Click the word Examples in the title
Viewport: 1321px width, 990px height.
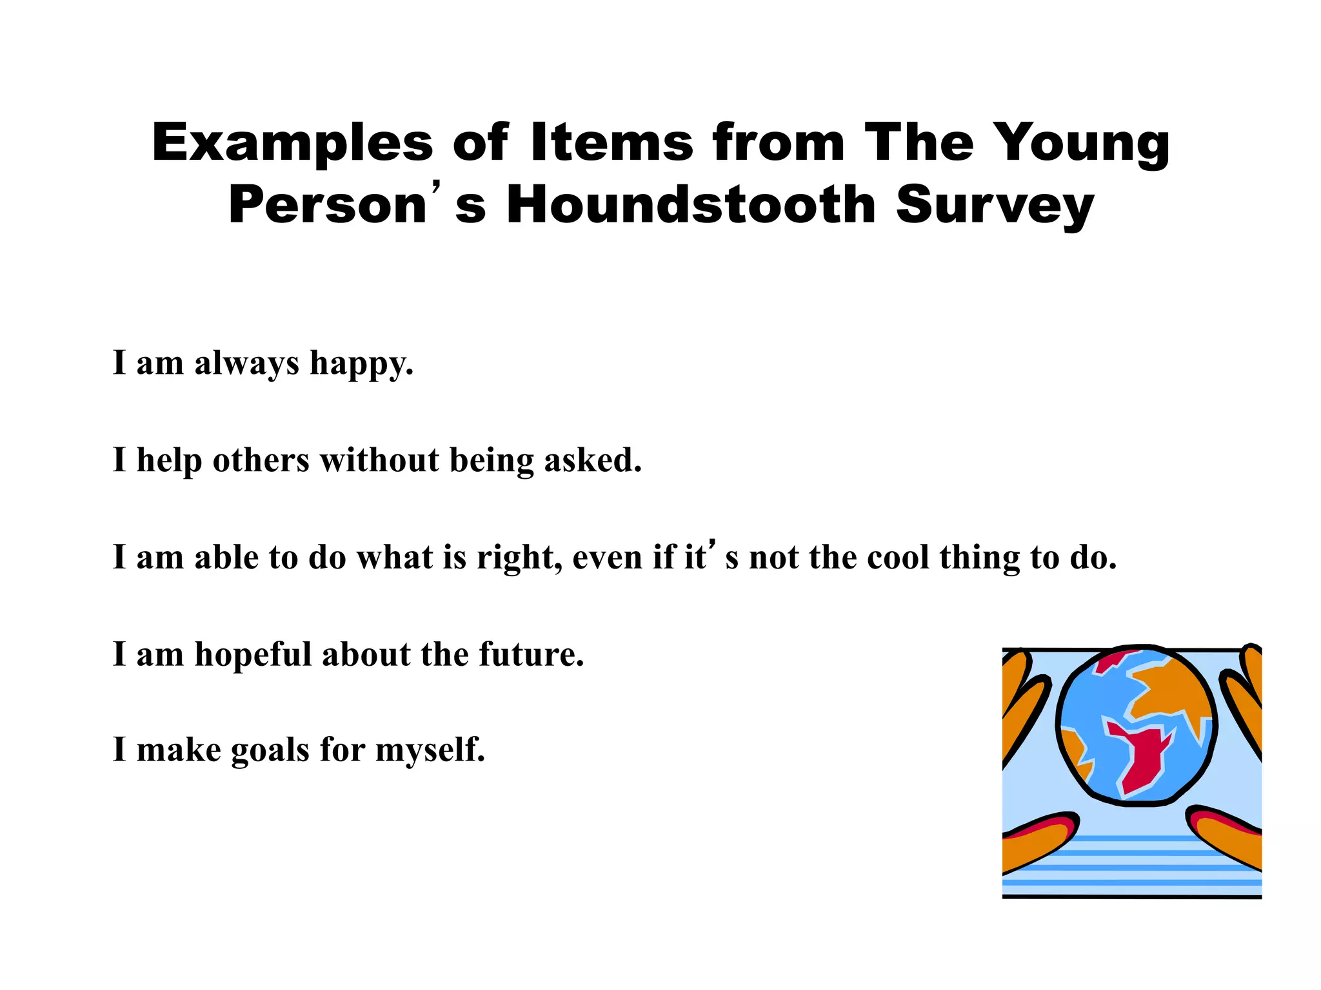coord(292,143)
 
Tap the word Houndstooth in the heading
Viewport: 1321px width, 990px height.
coord(691,205)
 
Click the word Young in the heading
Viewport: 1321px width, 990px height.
coord(1084,143)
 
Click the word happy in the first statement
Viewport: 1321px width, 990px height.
coord(361,364)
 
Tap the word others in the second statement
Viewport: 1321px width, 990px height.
coord(261,460)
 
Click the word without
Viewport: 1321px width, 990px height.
coord(380,460)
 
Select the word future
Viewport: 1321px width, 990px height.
coord(531,654)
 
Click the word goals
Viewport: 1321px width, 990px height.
coord(270,751)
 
